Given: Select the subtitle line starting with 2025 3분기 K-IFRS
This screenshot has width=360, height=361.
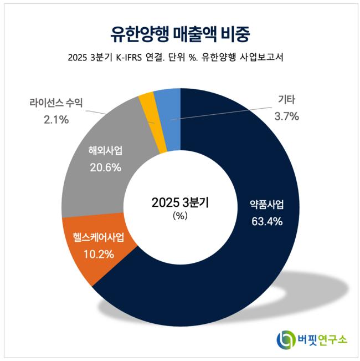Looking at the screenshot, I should click(180, 58).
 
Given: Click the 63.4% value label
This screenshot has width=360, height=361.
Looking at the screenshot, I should click(266, 222).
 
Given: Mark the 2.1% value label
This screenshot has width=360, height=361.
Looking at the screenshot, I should click(56, 119).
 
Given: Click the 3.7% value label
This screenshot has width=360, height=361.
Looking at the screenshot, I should click(286, 116).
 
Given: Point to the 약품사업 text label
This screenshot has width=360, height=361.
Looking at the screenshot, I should click(266, 204).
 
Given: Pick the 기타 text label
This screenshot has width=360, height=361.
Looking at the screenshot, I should click(286, 100).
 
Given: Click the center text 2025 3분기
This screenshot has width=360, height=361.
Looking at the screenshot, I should click(180, 202).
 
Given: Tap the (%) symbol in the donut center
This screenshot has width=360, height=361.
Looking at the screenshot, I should click(180, 217).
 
